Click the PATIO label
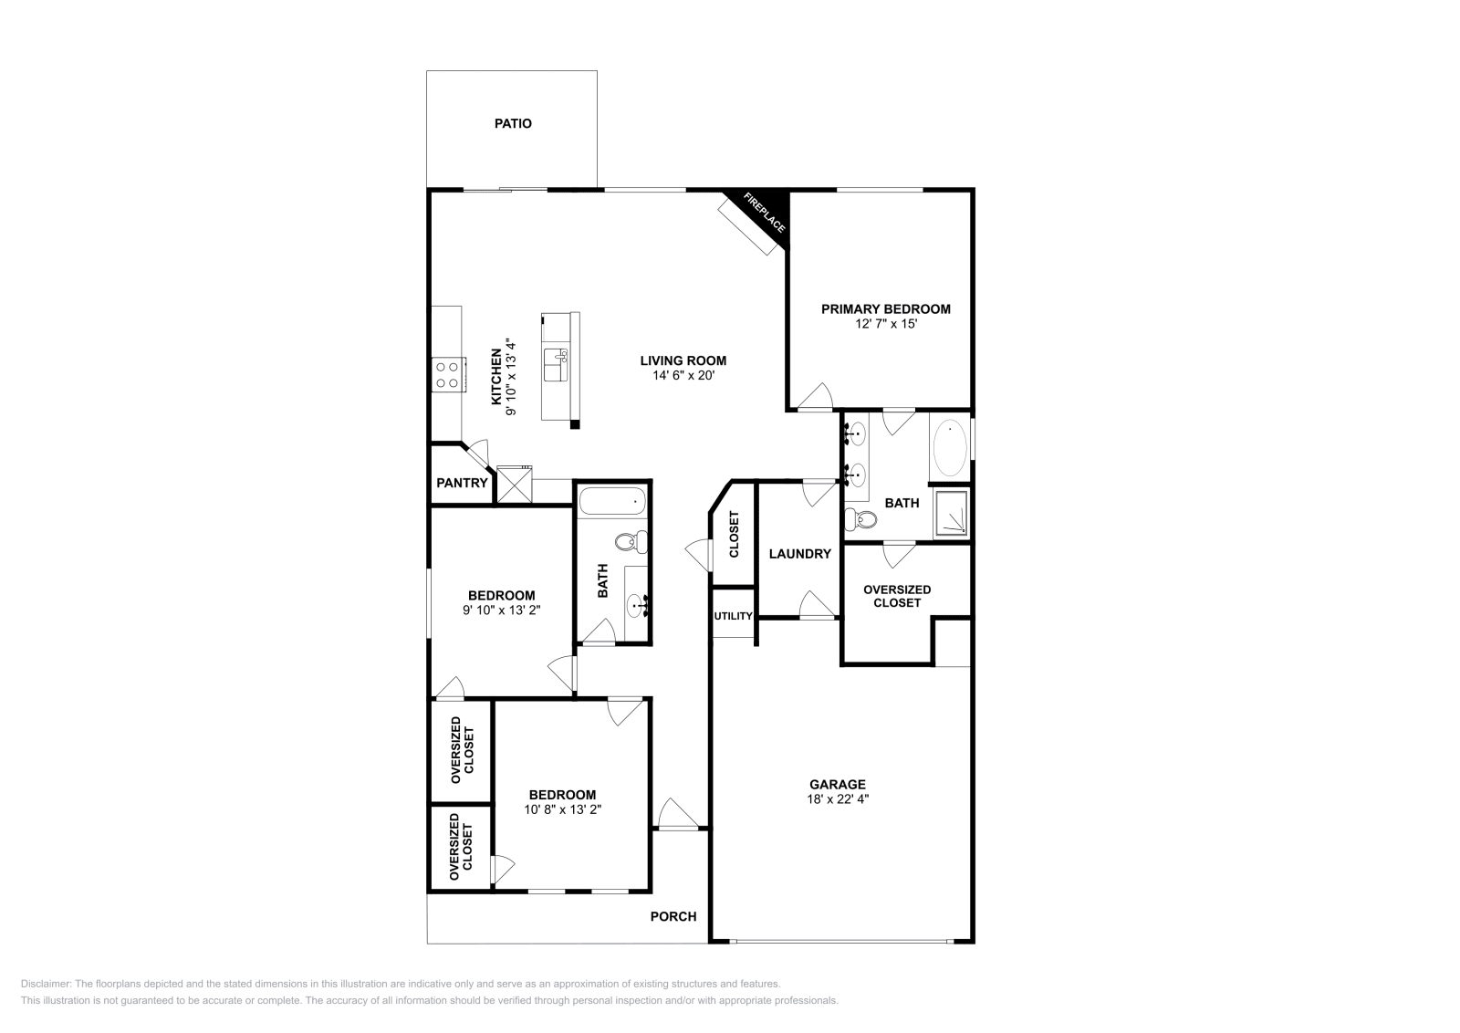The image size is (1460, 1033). point(513,123)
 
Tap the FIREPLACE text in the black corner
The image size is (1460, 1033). point(764,214)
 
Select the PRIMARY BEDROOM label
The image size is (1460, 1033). point(885,309)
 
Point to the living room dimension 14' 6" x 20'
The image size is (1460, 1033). point(683,375)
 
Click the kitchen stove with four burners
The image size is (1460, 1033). point(447,374)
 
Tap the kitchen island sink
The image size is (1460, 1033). point(555,364)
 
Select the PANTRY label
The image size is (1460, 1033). point(462,483)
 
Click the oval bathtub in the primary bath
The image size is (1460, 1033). point(950,448)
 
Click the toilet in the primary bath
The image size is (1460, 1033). point(860,520)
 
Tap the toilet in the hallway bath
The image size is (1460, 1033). point(630,542)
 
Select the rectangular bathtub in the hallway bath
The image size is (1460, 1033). point(612,501)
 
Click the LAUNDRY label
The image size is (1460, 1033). point(799,554)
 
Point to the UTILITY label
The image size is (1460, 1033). point(733,616)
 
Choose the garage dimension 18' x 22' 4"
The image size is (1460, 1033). point(838,798)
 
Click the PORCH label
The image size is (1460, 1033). point(673,916)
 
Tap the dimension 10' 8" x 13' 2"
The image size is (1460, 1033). point(563,809)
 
